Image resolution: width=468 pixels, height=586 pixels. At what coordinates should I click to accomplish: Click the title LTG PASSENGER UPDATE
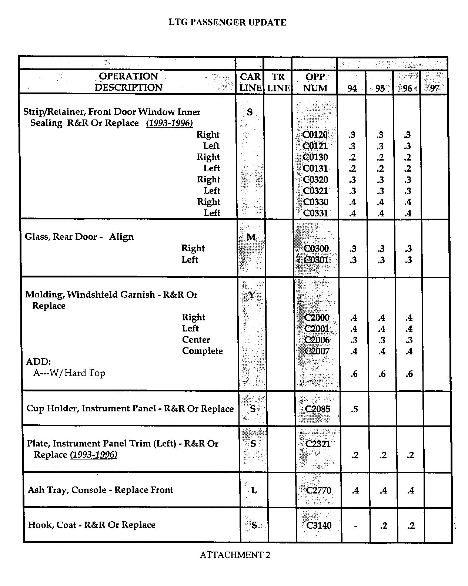click(x=227, y=23)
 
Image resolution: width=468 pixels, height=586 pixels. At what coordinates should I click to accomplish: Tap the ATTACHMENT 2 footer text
click(x=235, y=555)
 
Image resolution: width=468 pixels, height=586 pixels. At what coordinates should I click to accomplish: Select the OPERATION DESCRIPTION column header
click(x=128, y=82)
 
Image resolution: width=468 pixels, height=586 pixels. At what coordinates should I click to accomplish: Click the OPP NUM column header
click(x=315, y=82)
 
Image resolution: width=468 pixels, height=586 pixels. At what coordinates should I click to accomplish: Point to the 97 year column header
click(x=435, y=88)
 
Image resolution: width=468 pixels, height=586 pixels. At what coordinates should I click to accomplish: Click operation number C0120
click(x=315, y=135)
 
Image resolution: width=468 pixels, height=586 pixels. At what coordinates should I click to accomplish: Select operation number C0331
click(x=315, y=213)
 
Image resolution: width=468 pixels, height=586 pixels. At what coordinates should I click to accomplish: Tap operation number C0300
click(x=316, y=249)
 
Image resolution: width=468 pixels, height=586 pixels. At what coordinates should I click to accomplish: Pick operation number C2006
click(x=317, y=340)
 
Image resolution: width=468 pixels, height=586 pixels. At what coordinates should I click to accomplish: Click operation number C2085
click(x=317, y=409)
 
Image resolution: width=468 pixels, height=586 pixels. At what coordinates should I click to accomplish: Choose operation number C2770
click(x=318, y=491)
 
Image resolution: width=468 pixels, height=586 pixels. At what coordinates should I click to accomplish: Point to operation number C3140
click(x=319, y=525)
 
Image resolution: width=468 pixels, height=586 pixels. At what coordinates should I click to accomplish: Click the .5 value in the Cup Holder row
click(x=354, y=409)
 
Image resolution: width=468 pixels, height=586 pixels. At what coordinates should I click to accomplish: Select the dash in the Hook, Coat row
click(x=355, y=526)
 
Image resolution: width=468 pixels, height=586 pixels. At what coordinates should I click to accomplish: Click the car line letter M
click(x=251, y=237)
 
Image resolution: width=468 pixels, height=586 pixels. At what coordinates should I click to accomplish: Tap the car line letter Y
click(x=252, y=295)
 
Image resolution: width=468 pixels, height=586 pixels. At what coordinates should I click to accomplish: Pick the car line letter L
click(x=254, y=491)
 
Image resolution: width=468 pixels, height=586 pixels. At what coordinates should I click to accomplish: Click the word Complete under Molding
click(x=202, y=351)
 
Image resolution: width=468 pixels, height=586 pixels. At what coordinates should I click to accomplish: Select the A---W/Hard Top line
click(x=69, y=373)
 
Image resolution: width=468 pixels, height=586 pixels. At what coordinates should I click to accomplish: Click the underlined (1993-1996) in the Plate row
click(x=94, y=455)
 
